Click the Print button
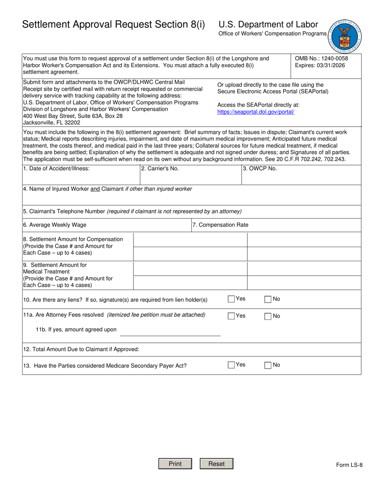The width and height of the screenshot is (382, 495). (175, 464)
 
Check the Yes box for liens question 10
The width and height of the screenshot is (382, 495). (231, 299)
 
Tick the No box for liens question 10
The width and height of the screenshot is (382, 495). (268, 299)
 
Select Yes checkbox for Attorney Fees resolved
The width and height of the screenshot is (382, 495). (231, 316)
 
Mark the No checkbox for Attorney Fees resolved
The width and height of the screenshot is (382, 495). (268, 316)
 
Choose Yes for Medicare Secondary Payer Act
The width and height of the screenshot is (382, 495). (231, 365)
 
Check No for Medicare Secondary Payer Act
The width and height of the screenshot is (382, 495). (268, 365)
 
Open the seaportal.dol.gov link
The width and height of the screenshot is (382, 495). (256, 112)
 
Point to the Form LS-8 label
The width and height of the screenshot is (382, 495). (349, 465)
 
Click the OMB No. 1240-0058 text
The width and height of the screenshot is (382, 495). (321, 58)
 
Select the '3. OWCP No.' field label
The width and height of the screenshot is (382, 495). (260, 169)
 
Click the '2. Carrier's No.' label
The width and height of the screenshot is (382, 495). (160, 169)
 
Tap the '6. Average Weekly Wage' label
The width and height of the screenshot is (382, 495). (55, 225)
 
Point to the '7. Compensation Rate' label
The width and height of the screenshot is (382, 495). (220, 225)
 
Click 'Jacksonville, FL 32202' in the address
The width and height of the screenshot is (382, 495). (52, 123)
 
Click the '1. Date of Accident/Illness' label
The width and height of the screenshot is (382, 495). (56, 169)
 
